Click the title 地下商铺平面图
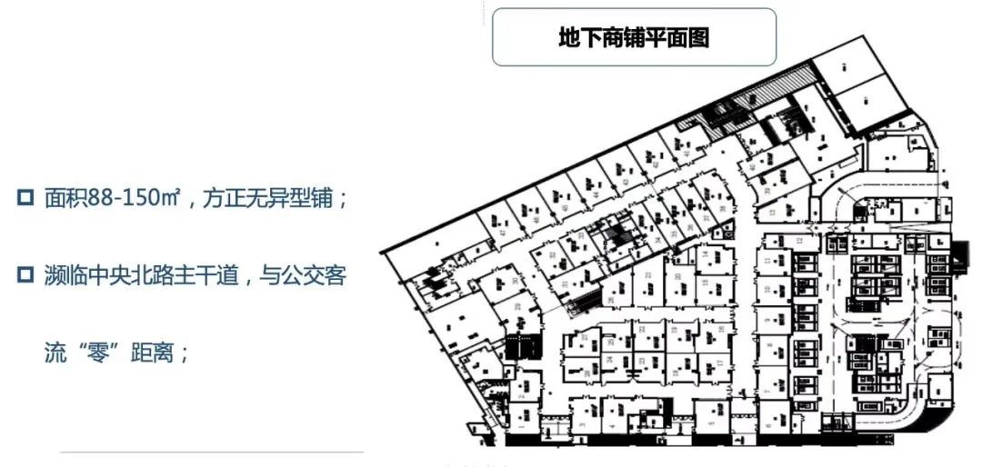tap(634, 38)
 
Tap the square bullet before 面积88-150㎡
tap(25, 197)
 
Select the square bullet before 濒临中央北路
tap(25, 274)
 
